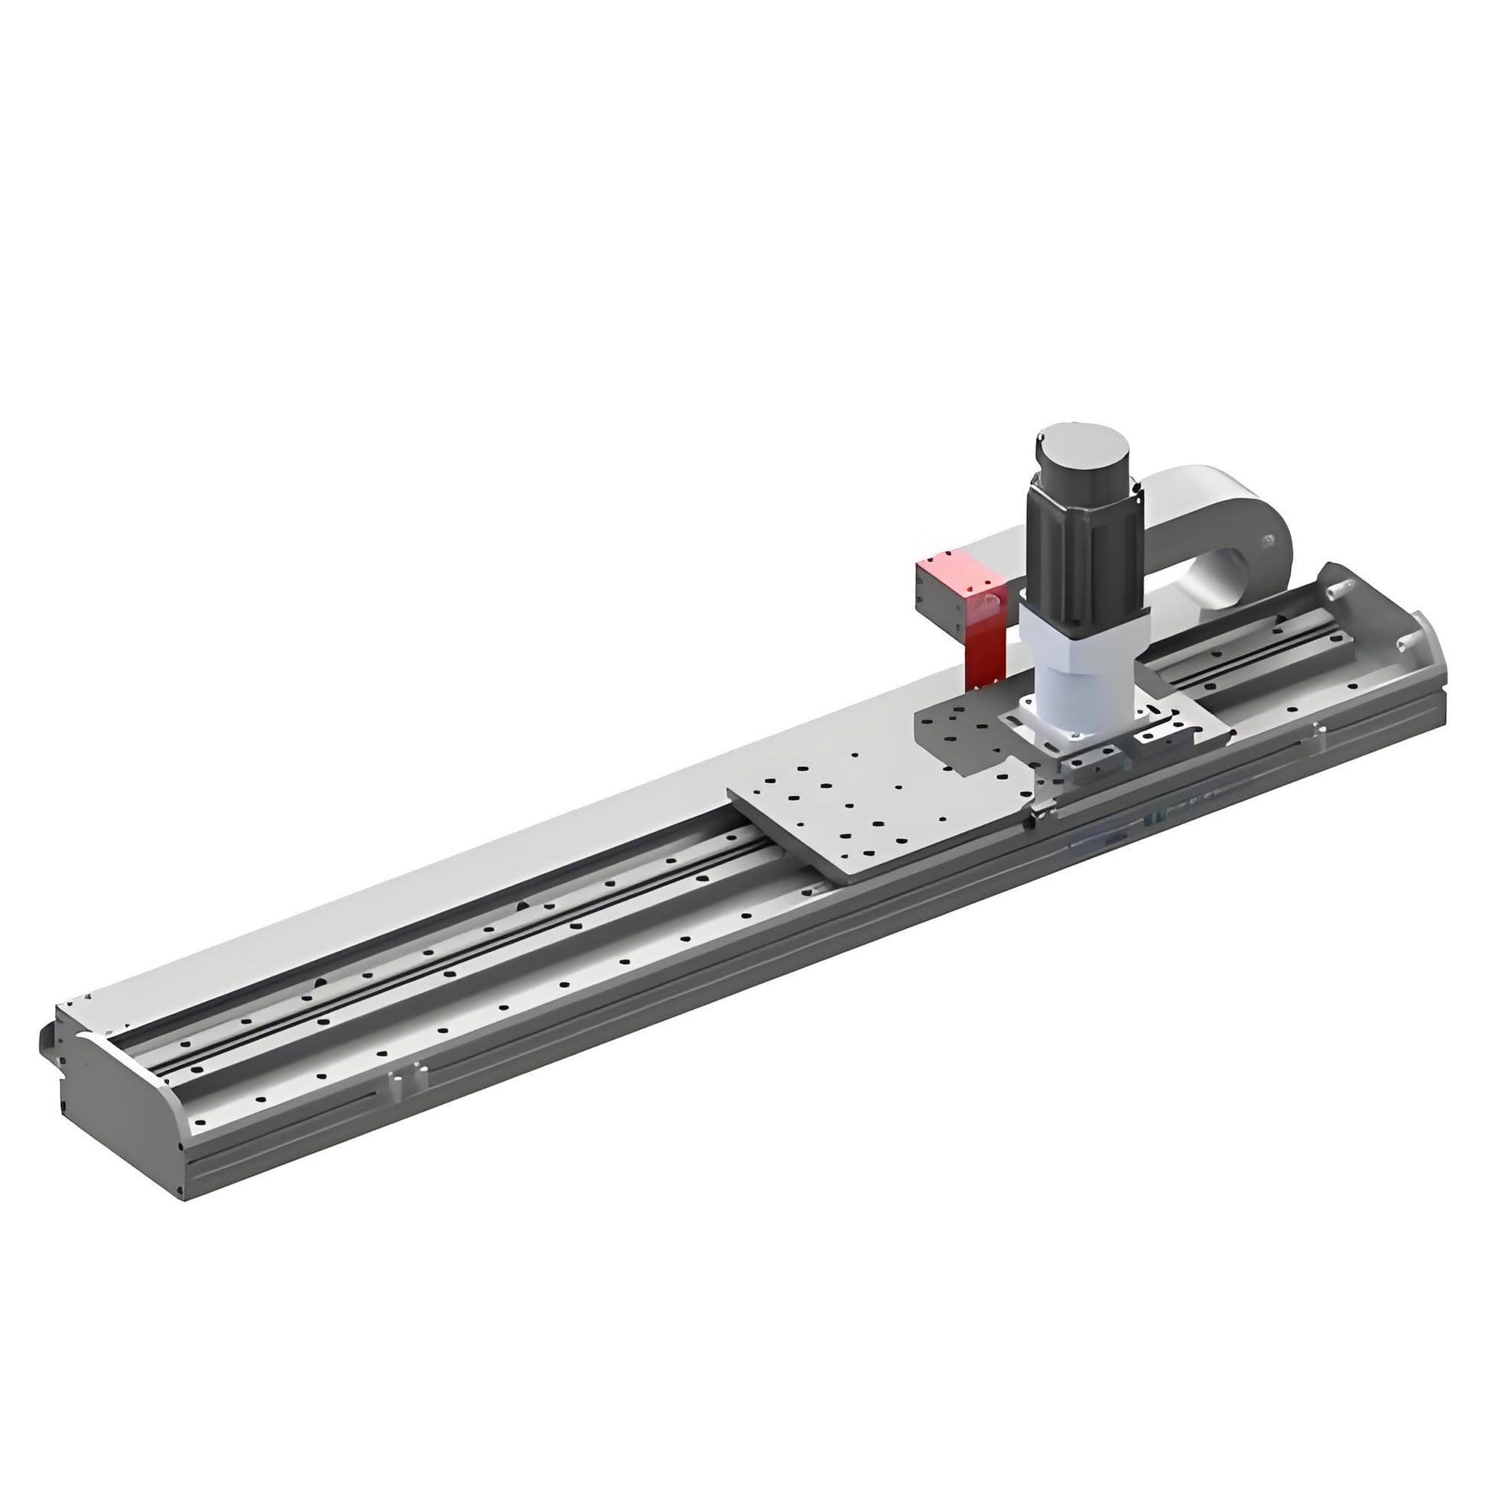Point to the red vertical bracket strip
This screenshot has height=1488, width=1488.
coord(985,647)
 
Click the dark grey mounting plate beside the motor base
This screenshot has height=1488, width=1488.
coord(963,732)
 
